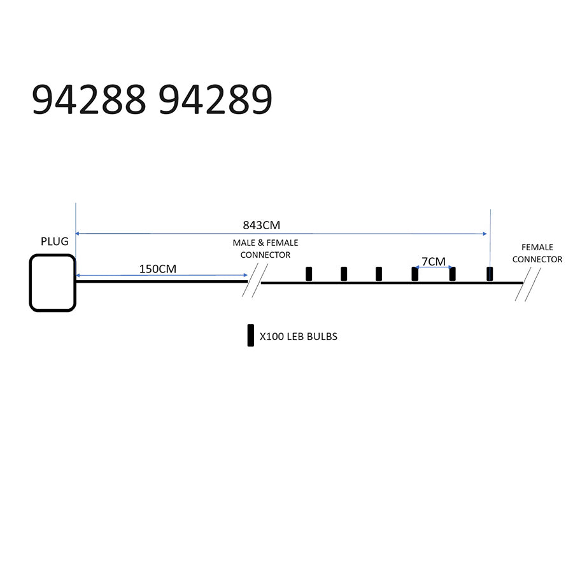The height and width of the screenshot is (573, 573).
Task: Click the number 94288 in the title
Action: pyautogui.click(x=88, y=99)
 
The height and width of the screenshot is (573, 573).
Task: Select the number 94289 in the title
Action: pyautogui.click(x=216, y=99)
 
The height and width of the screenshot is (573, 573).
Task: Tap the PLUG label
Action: pyautogui.click(x=55, y=241)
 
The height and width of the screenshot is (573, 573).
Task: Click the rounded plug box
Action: pyautogui.click(x=53, y=283)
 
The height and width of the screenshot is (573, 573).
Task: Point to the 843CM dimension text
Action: pyautogui.click(x=262, y=225)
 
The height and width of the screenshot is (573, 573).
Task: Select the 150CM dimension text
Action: pyautogui.click(x=158, y=269)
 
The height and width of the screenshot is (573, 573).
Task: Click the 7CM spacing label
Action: pyautogui.click(x=434, y=262)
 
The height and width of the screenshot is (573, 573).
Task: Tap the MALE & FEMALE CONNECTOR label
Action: pyautogui.click(x=265, y=249)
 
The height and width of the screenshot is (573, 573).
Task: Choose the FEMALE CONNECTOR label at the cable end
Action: pyautogui.click(x=537, y=253)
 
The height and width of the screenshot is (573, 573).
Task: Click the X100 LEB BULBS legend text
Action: pyautogui.click(x=299, y=337)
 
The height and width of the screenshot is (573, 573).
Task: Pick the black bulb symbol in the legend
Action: pyautogui.click(x=251, y=335)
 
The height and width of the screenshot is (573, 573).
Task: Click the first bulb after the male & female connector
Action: pyautogui.click(x=309, y=274)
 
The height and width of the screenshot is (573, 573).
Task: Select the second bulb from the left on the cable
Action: pyautogui.click(x=344, y=274)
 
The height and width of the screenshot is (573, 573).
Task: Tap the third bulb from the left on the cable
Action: pyautogui.click(x=379, y=274)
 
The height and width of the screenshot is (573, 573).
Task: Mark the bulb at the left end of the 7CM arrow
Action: pyautogui.click(x=414, y=274)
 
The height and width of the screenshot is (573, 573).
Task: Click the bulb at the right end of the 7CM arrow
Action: pyautogui.click(x=453, y=274)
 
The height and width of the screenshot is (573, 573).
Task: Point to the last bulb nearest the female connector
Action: pyautogui.click(x=490, y=274)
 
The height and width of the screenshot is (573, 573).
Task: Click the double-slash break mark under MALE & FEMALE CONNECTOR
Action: pyautogui.click(x=255, y=280)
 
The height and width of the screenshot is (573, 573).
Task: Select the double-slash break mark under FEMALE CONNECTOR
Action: pyautogui.click(x=528, y=285)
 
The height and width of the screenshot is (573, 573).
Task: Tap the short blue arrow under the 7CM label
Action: pyautogui.click(x=434, y=267)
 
